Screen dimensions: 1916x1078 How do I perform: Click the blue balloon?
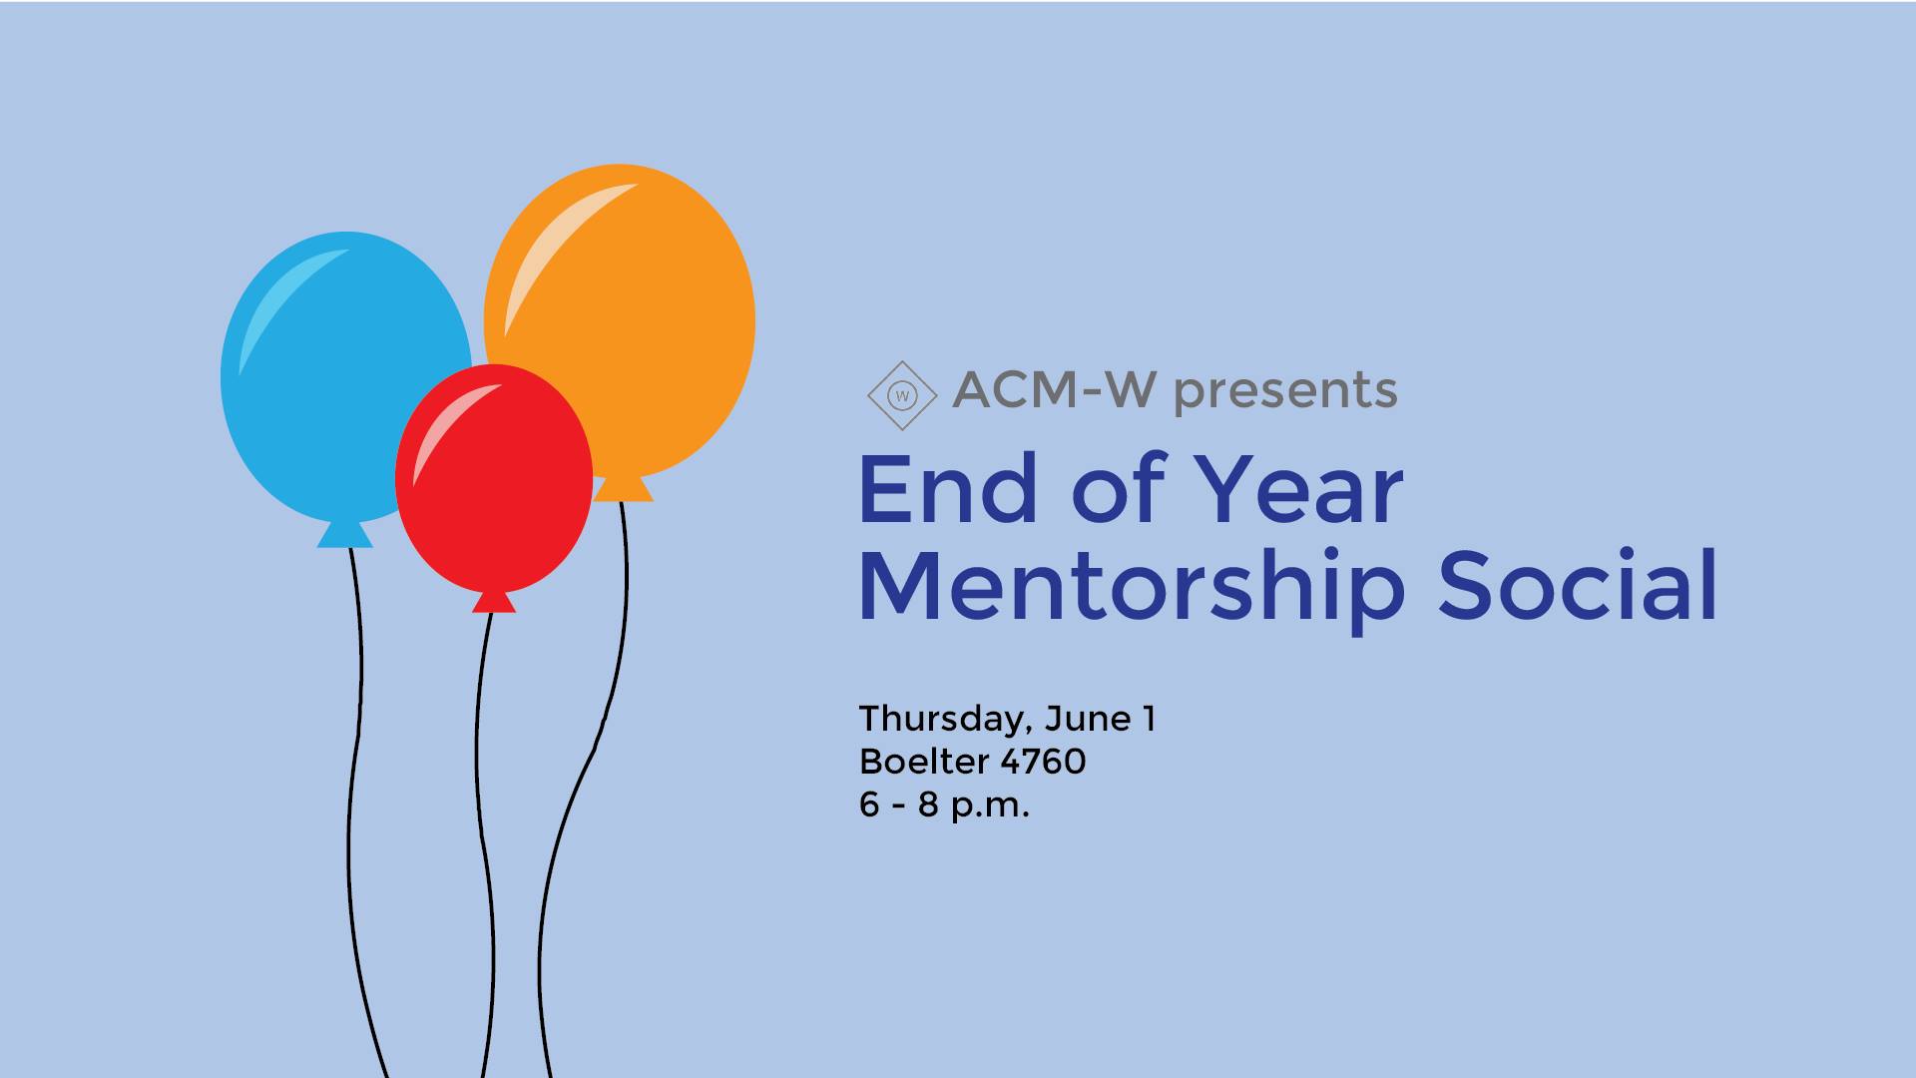pyautogui.click(x=329, y=379)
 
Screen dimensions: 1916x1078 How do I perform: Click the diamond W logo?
pyautogui.click(x=902, y=396)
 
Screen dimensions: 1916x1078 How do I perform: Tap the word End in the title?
pyautogui.click(x=948, y=489)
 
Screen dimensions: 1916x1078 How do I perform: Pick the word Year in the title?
pyautogui.click(x=1299, y=489)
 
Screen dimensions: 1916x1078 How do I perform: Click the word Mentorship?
pyautogui.click(x=1132, y=587)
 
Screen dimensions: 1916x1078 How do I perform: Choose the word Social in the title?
pyautogui.click(x=1578, y=585)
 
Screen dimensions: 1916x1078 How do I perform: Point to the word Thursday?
pyautogui.click(x=945, y=720)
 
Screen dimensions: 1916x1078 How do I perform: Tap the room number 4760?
pyautogui.click(x=1043, y=762)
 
